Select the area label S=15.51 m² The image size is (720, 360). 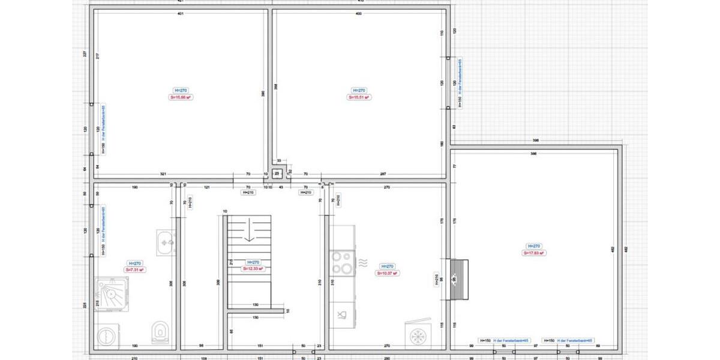359,97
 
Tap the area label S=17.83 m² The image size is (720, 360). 533,253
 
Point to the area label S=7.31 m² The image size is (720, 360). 134,270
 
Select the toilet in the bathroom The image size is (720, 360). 160,332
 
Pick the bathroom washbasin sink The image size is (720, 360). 166,242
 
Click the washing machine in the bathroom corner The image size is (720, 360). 107,337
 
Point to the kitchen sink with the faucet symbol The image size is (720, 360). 342,314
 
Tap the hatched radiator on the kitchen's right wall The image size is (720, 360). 459,279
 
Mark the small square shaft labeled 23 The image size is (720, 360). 277,174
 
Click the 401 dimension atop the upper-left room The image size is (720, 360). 180,14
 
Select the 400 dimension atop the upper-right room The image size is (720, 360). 359,14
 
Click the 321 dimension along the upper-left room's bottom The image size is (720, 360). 163,174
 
